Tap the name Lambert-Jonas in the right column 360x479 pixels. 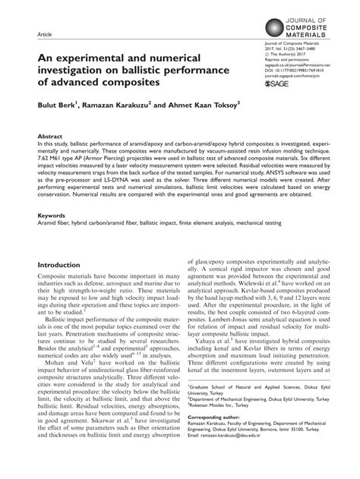231,321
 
